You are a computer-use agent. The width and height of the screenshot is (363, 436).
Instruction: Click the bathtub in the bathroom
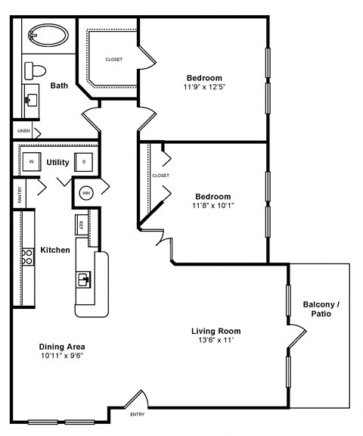(x=47, y=35)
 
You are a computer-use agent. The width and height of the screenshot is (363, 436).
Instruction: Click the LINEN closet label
(x=24, y=131)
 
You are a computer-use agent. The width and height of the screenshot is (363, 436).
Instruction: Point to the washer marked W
(x=32, y=161)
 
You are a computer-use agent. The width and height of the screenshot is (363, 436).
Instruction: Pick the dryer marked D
(x=84, y=161)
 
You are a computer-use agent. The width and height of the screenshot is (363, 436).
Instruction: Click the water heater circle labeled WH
(x=85, y=192)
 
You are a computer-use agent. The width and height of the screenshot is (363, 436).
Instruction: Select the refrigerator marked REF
(x=79, y=223)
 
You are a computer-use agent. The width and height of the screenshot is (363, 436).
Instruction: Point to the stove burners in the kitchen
(x=27, y=257)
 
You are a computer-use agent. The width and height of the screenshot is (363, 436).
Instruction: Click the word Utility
(x=58, y=162)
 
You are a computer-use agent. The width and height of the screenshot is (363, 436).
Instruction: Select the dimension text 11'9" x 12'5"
(x=204, y=87)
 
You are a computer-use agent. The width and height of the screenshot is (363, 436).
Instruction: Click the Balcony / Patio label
(x=321, y=308)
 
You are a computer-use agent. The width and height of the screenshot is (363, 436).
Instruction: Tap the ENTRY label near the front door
(x=137, y=414)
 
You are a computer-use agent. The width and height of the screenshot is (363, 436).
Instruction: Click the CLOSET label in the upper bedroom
(x=113, y=59)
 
